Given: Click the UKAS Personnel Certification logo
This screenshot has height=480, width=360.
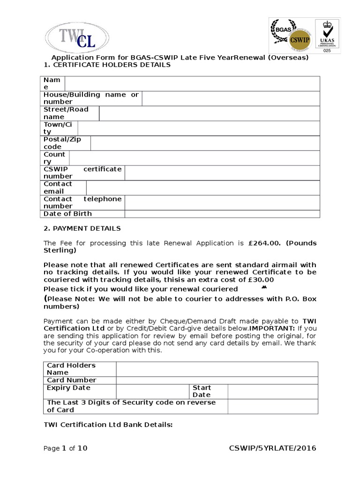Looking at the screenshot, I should click(327, 37).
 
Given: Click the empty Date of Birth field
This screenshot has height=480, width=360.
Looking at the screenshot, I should click(222, 214).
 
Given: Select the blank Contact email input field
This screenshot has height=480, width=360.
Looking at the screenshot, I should click(202, 187).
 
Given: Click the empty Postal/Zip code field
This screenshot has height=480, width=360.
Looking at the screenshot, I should click(205, 143).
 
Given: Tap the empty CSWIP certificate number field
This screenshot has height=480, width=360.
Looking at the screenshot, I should click(222, 172).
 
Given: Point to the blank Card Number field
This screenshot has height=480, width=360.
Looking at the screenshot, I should click(217, 380).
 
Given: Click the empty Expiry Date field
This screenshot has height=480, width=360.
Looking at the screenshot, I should click(152, 391).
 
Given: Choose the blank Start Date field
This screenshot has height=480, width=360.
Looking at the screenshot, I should click(272, 391).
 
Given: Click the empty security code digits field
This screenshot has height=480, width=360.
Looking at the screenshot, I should click(272, 406).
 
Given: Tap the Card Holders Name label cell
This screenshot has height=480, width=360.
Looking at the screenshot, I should click(80, 369).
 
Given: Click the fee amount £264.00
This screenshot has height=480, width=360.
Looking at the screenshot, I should click(264, 243).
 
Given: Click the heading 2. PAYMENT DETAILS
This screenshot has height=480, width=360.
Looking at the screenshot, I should click(82, 228).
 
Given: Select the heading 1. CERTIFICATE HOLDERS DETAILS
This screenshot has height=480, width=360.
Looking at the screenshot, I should click(107, 65).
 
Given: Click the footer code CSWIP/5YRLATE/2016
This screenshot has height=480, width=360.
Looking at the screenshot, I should click(272, 448).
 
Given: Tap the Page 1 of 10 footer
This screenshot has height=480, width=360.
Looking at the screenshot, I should click(66, 448).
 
